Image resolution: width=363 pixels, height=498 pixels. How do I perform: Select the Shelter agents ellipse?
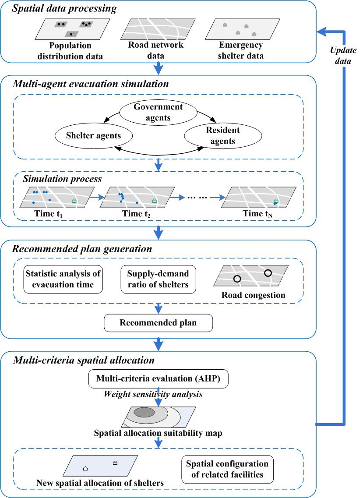pyautogui.click(x=94, y=136)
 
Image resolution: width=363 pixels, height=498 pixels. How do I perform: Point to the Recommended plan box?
pyautogui.click(x=158, y=324)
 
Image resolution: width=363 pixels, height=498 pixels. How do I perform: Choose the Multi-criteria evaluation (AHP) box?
pyautogui.click(x=158, y=379)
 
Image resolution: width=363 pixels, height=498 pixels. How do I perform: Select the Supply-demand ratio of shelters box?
pyautogui.click(x=158, y=279)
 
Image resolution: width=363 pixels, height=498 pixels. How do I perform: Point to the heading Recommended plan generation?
pyautogui.click(x=82, y=249)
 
